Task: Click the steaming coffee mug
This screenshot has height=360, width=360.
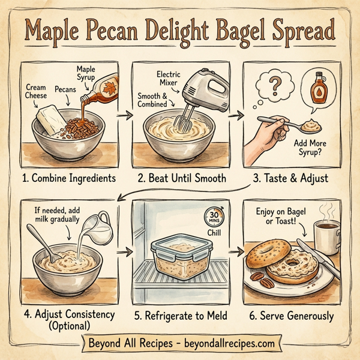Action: pos(327,237)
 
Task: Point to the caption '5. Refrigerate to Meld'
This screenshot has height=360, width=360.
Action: pos(180,314)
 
